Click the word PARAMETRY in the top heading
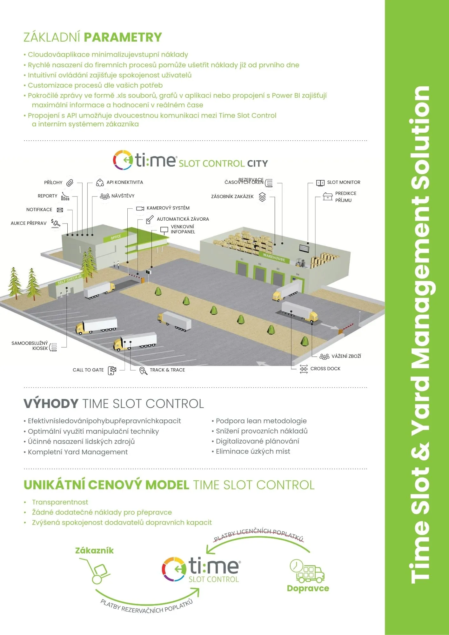[x=123, y=37]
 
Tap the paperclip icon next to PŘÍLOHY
[x=70, y=183]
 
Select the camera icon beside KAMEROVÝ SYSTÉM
[x=140, y=209]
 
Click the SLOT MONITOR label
[x=344, y=182]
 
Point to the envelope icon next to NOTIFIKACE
[x=60, y=210]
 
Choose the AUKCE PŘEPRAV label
[x=29, y=223]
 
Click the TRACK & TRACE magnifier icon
[x=143, y=371]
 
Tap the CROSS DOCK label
[x=325, y=369]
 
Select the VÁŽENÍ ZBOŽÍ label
[x=346, y=356]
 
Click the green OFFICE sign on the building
[x=116, y=237]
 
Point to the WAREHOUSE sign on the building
[x=274, y=257]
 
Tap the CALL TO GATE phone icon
[x=112, y=370]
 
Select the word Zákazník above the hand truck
[x=94, y=551]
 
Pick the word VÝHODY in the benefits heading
[x=51, y=404]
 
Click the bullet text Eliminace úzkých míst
[x=253, y=451]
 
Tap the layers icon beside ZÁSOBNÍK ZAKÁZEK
[x=262, y=197]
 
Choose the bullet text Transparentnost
[x=60, y=502]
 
